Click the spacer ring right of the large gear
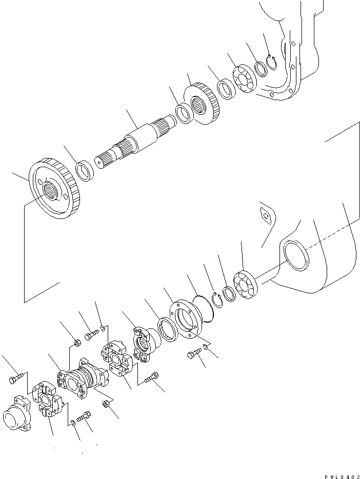(x=85, y=171)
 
